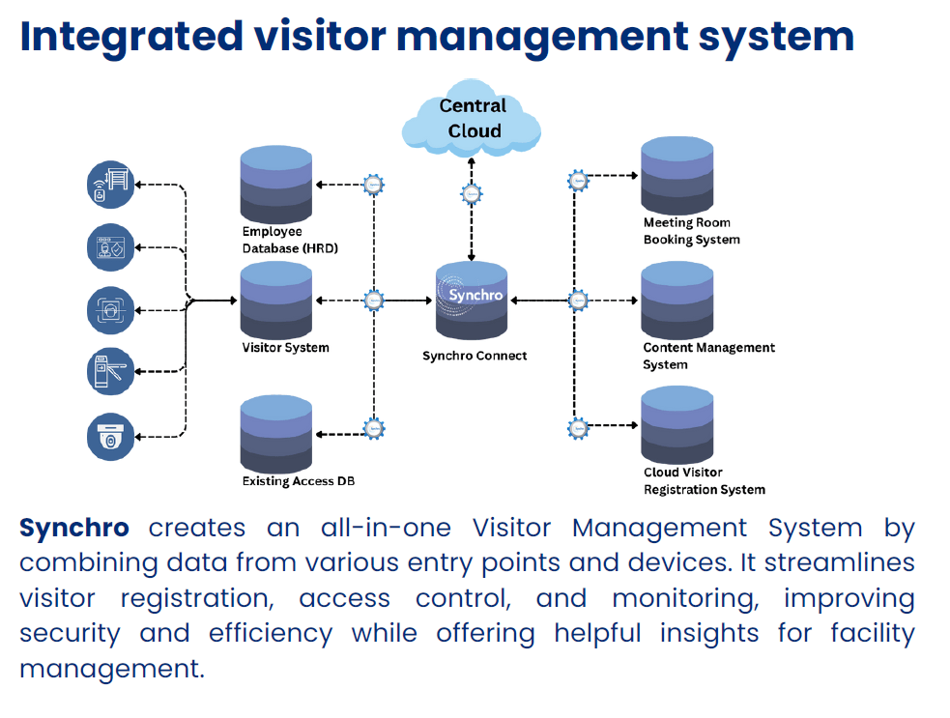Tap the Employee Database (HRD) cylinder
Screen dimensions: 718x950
[276, 184]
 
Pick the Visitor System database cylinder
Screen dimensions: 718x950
[276, 299]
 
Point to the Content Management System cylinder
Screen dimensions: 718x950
[677, 299]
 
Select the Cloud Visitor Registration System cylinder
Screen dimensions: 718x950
[677, 426]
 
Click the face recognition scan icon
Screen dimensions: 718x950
[110, 310]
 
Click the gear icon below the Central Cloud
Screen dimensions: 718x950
[471, 193]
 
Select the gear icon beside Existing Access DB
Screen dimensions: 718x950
[373, 428]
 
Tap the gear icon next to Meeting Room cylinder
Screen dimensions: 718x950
[578, 180]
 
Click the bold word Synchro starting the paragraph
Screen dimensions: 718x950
[74, 528]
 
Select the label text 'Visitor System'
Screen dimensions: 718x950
[285, 347]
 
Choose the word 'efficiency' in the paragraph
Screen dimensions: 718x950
[270, 633]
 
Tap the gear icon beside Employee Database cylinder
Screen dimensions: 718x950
[373, 184]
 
